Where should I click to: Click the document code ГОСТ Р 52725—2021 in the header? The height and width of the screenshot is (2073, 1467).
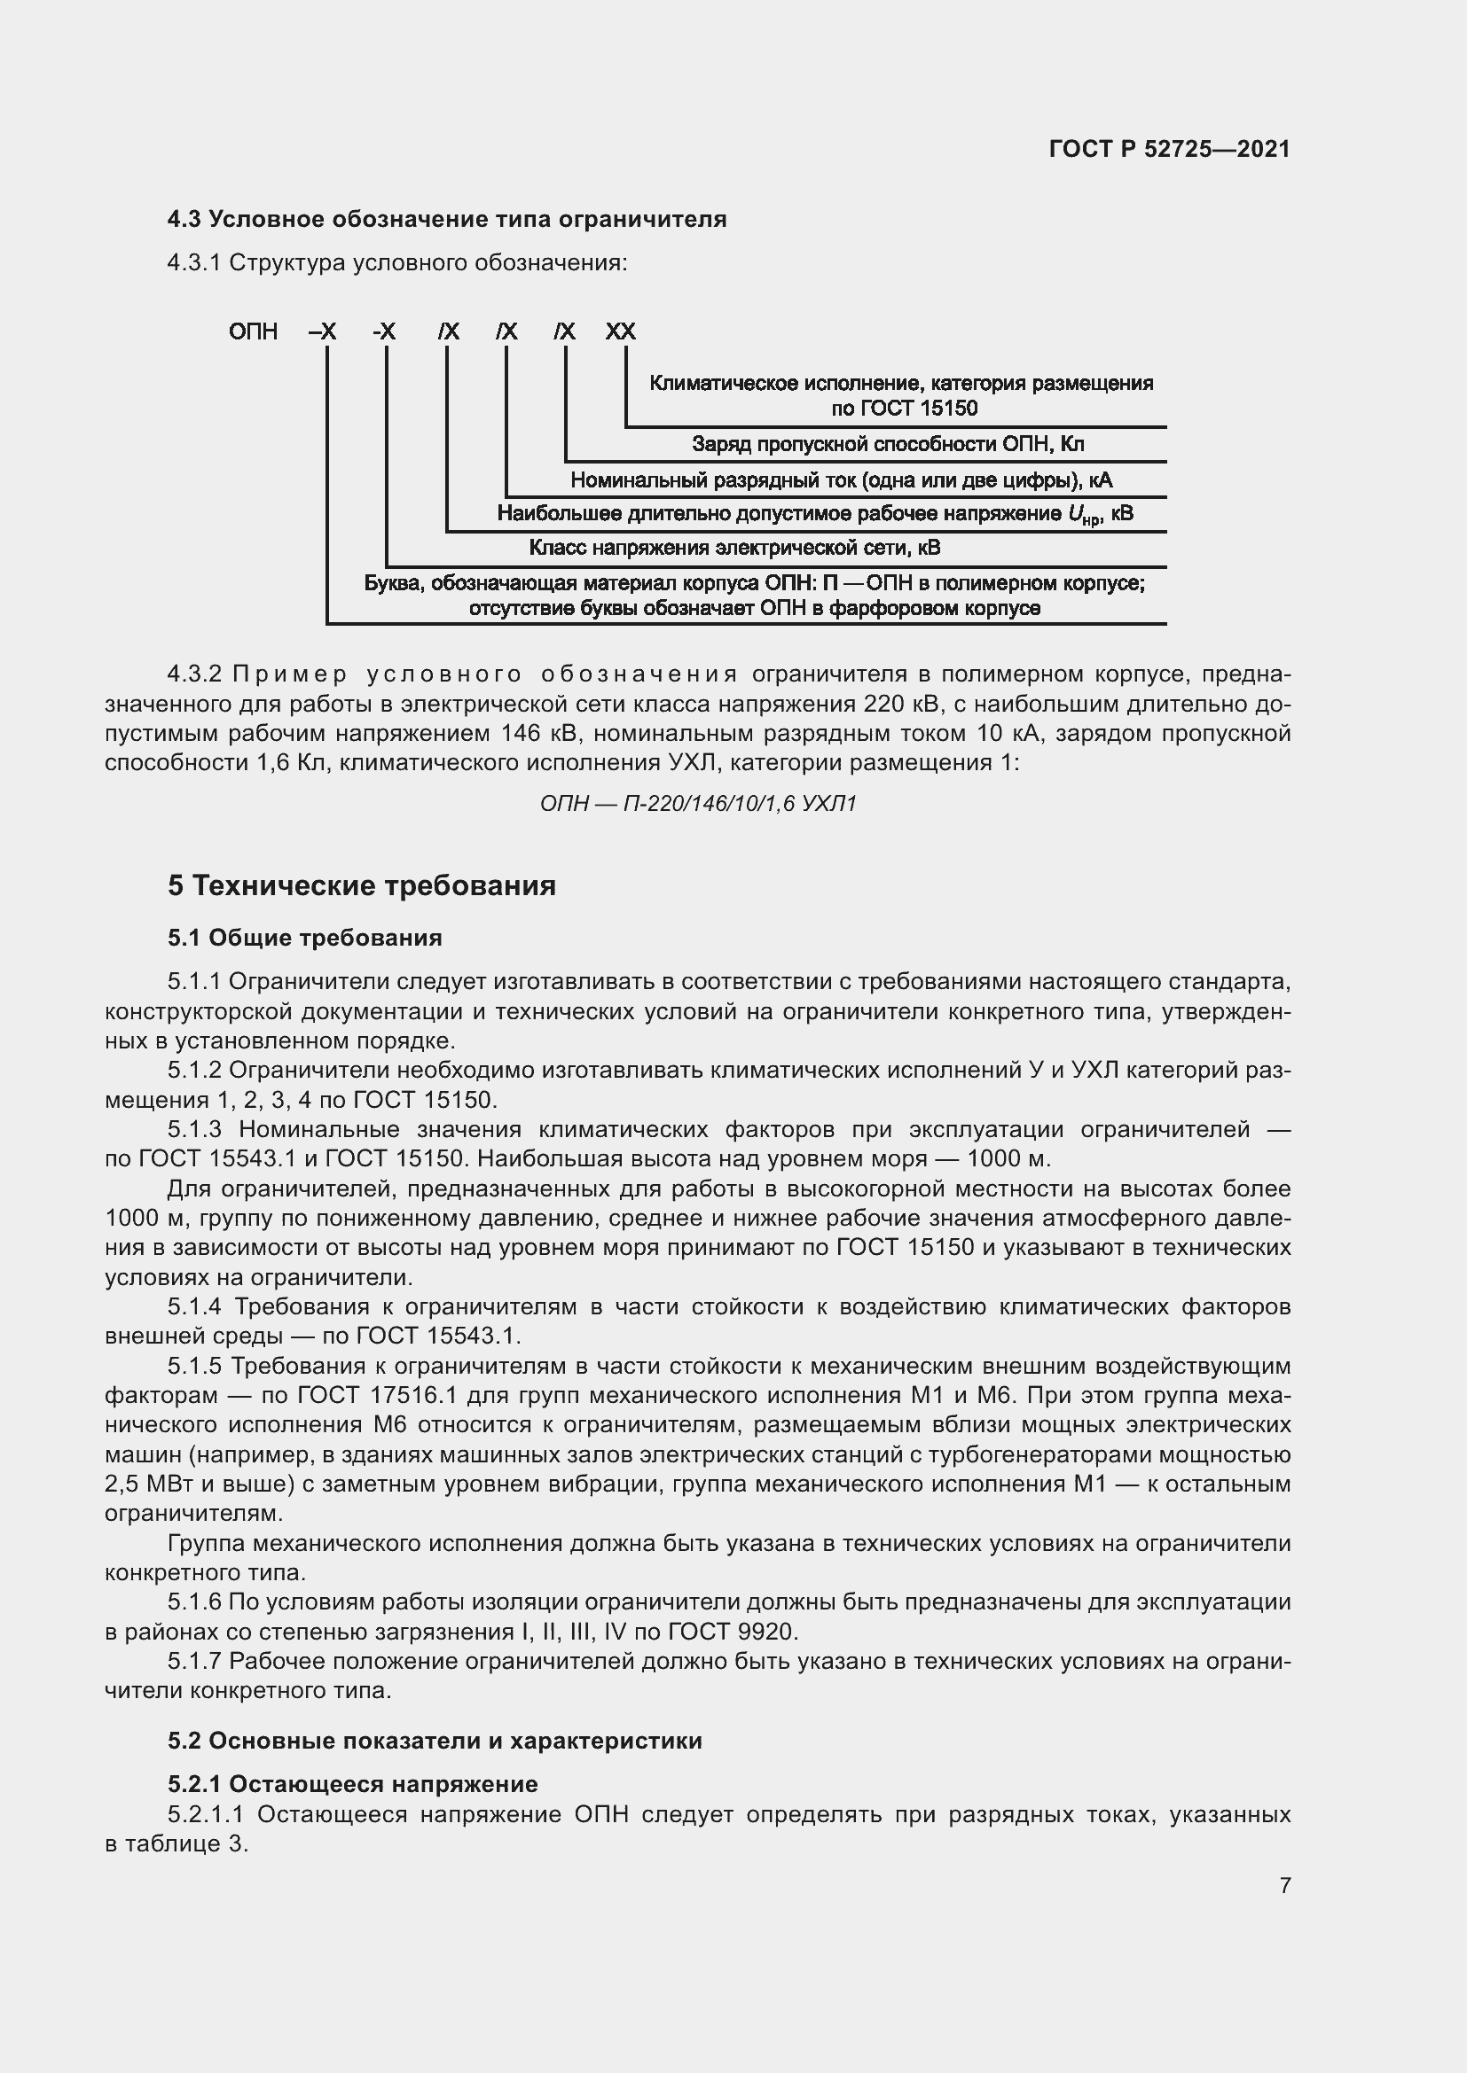[x=1169, y=149]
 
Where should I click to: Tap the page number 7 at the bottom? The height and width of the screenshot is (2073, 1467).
[x=1284, y=1885]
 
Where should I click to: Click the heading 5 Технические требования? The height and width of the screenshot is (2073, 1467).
[x=361, y=885]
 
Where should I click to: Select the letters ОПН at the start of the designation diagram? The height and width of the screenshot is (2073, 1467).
[x=253, y=331]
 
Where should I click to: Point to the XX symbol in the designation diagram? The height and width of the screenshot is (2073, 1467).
[x=621, y=331]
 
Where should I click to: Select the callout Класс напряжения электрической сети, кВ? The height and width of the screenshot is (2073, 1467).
[x=733, y=548]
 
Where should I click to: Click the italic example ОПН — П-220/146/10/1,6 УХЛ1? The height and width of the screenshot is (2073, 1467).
[x=697, y=803]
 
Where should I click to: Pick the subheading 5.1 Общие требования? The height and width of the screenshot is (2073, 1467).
[x=304, y=938]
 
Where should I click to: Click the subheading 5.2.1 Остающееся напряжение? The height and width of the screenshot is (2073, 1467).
[x=352, y=1784]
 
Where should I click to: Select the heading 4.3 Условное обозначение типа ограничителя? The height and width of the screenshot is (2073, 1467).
[x=446, y=220]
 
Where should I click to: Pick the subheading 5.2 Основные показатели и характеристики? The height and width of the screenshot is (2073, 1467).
[x=435, y=1741]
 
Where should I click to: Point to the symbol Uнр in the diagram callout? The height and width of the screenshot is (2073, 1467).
[x=1082, y=515]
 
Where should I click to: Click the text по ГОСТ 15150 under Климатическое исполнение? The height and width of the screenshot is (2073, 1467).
[x=903, y=409]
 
